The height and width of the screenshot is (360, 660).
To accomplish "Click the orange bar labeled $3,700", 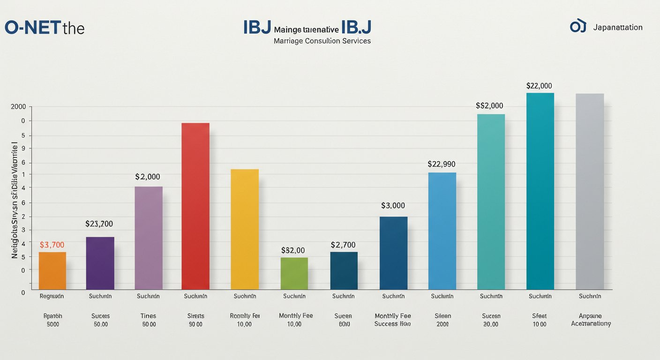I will click(52, 270).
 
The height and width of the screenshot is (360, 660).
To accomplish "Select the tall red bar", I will click(195, 206).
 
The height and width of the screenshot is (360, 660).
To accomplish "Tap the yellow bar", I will click(245, 229).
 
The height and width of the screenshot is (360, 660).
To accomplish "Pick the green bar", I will click(294, 273).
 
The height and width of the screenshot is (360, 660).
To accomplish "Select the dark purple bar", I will click(100, 263).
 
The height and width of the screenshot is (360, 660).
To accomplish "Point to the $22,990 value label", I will click(441, 165).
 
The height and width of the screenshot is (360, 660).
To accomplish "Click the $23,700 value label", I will click(99, 224).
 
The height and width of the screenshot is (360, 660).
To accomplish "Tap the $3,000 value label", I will click(393, 206).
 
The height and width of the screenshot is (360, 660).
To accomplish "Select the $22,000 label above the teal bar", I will click(539, 86).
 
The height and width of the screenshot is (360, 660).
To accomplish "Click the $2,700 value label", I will click(343, 245).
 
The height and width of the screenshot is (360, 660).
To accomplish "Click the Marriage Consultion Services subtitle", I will click(322, 41).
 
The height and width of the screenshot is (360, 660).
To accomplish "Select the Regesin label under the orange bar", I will click(52, 296).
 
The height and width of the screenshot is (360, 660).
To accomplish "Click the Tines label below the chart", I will click(148, 316).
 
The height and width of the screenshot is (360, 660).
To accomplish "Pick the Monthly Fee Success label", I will click(393, 320).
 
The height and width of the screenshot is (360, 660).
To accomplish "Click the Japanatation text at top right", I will click(617, 28).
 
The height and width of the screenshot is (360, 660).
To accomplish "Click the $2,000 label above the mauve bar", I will click(148, 177).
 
